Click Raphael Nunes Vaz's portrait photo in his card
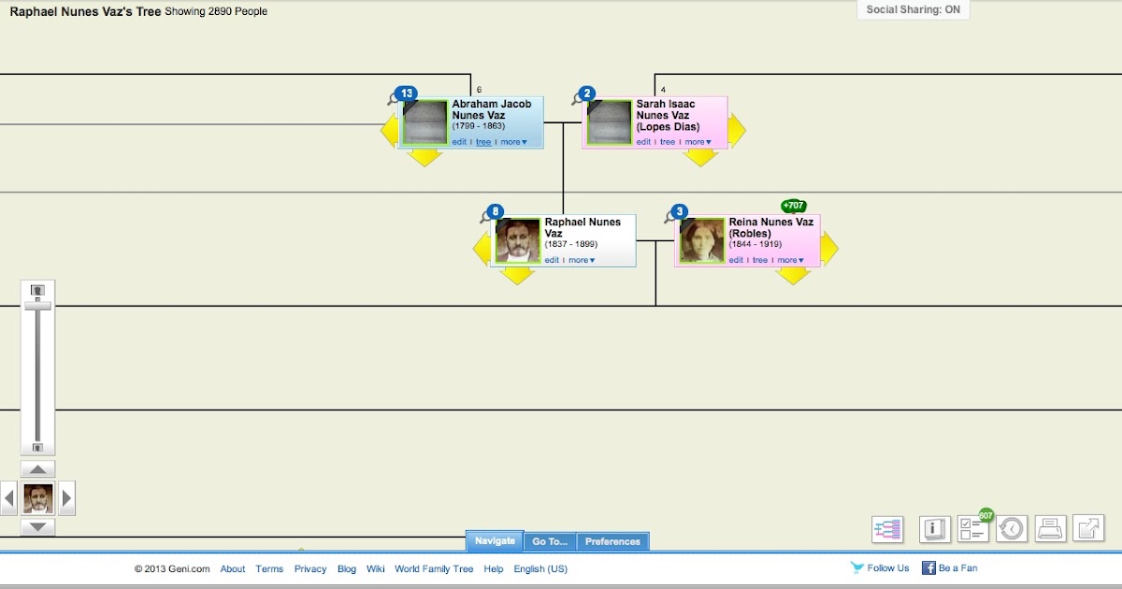[518, 240]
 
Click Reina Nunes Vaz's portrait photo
[702, 240]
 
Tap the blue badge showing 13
[406, 93]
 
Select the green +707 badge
[794, 206]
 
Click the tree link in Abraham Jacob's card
[483, 142]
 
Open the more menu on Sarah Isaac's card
[697, 142]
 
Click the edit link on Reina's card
[736, 260]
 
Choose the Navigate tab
[495, 541]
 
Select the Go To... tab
[550, 541]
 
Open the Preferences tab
[612, 541]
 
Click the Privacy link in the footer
[310, 568]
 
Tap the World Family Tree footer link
[434, 568]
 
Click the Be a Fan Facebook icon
[928, 567]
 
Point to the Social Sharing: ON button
[913, 10]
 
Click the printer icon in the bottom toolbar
[1049, 529]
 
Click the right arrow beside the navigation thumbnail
[66, 498]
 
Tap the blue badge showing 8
[496, 211]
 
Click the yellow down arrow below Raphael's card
[517, 276]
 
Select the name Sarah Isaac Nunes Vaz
[666, 115]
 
